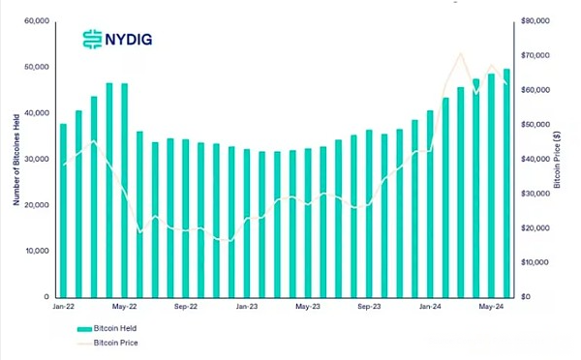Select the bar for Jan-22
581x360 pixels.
64,210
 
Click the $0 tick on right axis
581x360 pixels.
524,297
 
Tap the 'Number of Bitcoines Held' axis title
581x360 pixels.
16,159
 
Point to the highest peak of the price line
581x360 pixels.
460,53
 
